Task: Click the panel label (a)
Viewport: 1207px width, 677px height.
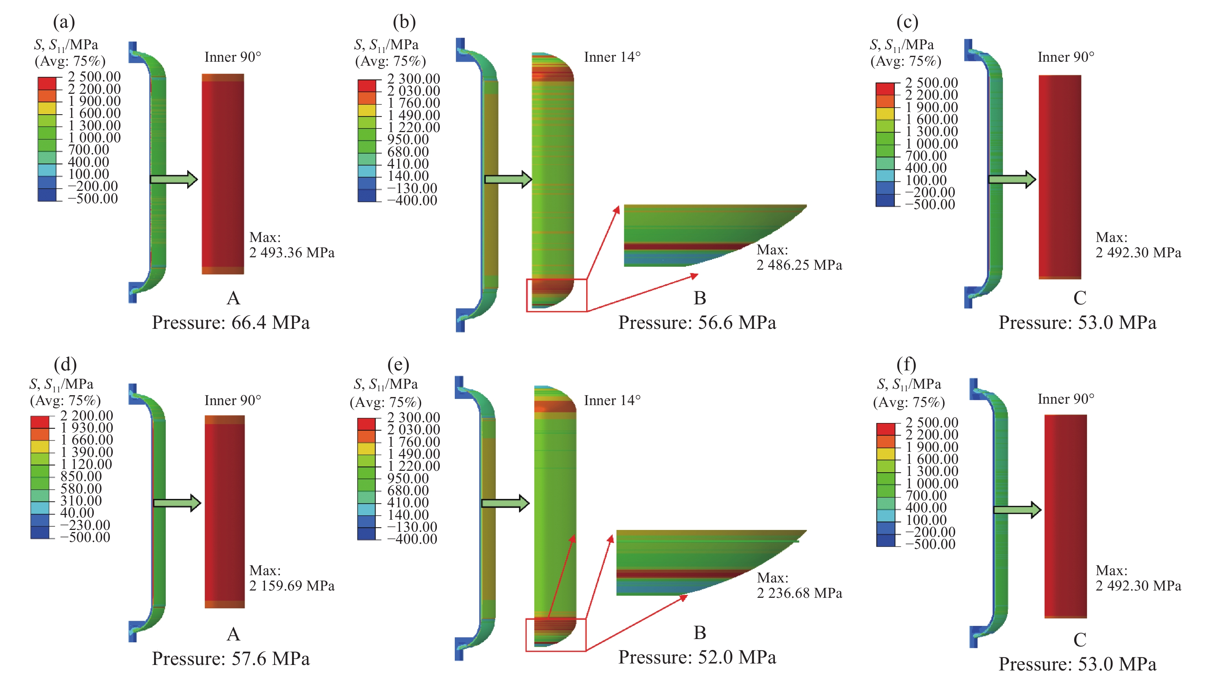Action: pyautogui.click(x=64, y=22)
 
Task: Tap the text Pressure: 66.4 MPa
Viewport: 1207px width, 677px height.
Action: pyautogui.click(x=231, y=323)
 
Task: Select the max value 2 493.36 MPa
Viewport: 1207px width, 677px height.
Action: pyautogui.click(x=292, y=253)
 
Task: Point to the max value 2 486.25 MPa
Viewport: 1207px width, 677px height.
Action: pyautogui.click(x=799, y=265)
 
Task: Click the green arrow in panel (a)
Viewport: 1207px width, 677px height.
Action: pyautogui.click(x=173, y=180)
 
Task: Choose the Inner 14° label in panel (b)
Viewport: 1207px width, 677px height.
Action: pyautogui.click(x=612, y=57)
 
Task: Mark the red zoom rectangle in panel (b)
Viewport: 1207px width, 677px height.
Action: pyautogui.click(x=556, y=295)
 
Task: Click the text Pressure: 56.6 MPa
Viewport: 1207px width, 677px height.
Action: pyautogui.click(x=697, y=323)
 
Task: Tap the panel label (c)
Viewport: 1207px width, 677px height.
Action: pyautogui.click(x=907, y=22)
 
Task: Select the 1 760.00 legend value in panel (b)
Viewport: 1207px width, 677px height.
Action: pyautogui.click(x=413, y=103)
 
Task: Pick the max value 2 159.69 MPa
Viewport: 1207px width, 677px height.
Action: pyautogui.click(x=292, y=586)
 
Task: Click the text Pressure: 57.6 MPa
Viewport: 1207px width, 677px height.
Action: pyautogui.click(x=231, y=659)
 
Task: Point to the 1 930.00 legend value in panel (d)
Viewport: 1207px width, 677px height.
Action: pyautogui.click(x=86, y=428)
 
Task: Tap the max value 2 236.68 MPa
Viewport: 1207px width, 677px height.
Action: pyautogui.click(x=799, y=593)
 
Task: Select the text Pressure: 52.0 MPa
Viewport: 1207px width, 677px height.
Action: pyautogui.click(x=697, y=657)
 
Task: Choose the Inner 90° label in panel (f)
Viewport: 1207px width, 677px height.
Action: pyautogui.click(x=1066, y=399)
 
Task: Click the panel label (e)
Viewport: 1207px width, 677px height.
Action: pyautogui.click(x=398, y=365)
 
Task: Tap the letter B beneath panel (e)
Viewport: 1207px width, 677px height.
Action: pyautogui.click(x=700, y=633)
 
